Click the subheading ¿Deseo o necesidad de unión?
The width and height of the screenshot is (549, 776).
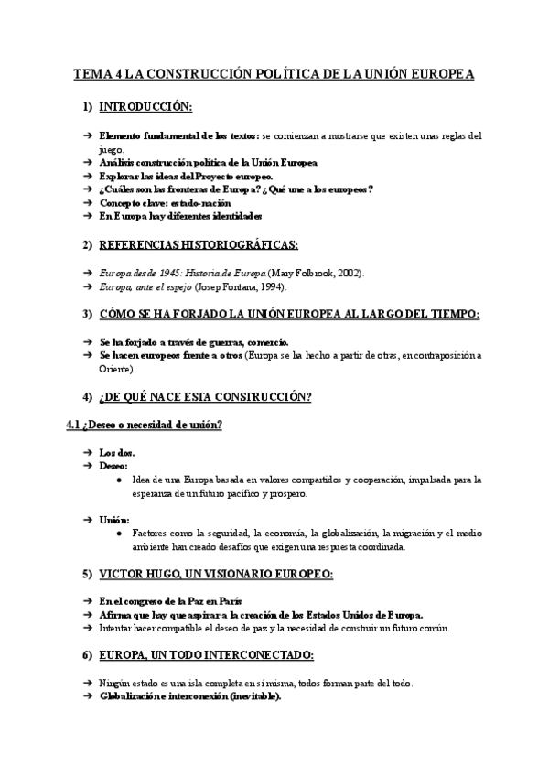pyautogui.click(x=152, y=426)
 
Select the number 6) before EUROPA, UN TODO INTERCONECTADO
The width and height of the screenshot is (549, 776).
pyautogui.click(x=88, y=656)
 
